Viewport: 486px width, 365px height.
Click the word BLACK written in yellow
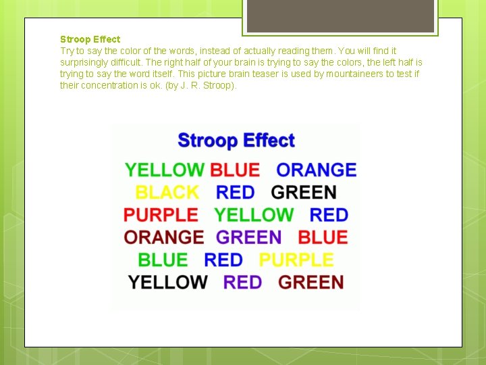[x=167, y=193]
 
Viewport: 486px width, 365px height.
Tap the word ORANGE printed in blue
[x=317, y=170]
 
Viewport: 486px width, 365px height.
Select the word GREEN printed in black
[x=304, y=193]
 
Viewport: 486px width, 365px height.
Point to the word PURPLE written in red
[x=161, y=215]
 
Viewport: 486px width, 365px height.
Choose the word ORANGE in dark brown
[x=164, y=237]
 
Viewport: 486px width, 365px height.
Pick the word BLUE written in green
[x=163, y=260]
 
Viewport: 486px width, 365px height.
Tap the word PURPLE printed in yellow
[x=296, y=260]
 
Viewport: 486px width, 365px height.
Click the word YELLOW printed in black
[x=168, y=283]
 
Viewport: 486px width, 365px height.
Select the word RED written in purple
[x=242, y=283]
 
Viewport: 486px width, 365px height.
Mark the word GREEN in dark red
[x=311, y=283]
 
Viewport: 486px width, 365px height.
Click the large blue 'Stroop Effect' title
[x=236, y=141]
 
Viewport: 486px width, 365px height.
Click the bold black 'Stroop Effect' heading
[x=90, y=39]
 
